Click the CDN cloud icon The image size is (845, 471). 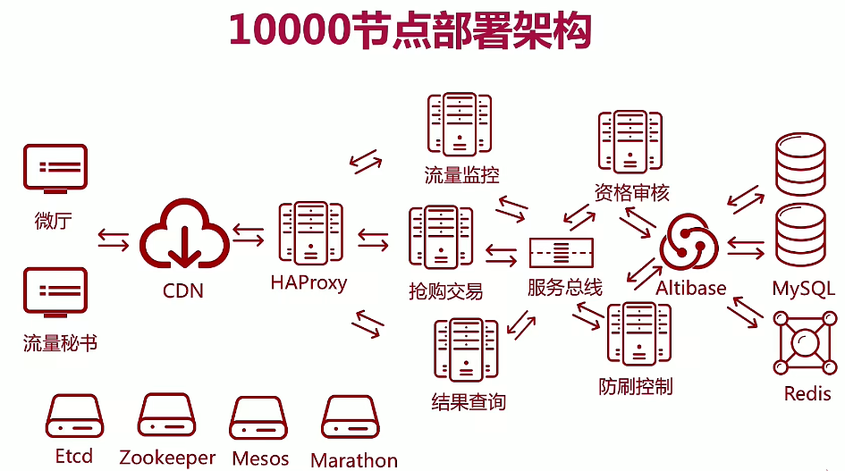(183, 236)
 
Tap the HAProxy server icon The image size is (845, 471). (310, 233)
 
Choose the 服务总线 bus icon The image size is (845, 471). (562, 254)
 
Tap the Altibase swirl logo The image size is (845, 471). (689, 242)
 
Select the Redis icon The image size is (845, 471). (807, 344)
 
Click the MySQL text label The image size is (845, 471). (804, 288)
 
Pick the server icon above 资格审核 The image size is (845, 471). (630, 142)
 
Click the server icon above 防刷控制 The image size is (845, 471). (638, 336)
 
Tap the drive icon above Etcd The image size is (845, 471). (75, 416)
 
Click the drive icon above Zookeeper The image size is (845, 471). (166, 416)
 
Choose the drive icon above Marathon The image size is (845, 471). (353, 418)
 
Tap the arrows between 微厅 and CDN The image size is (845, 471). (113, 240)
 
